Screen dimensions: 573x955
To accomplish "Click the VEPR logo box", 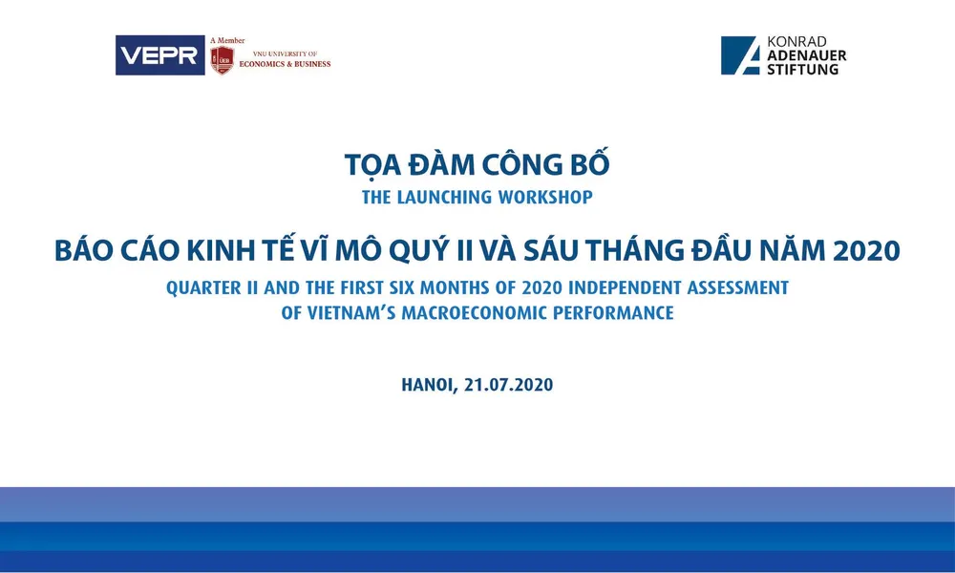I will coord(159,55).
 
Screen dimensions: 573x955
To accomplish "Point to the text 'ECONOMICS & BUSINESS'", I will coord(285,64).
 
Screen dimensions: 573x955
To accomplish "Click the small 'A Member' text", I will coord(227,40).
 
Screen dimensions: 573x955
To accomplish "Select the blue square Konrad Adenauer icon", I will coord(740,55).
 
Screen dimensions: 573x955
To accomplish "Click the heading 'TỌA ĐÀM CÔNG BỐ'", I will coord(477,164).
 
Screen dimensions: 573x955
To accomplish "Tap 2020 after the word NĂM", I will coord(866,251).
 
